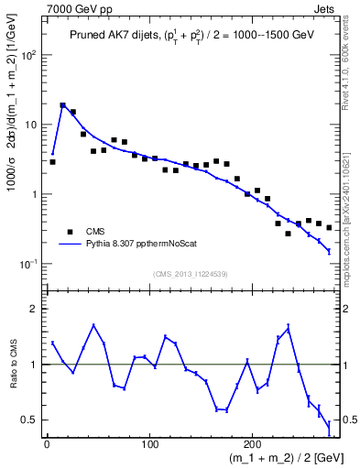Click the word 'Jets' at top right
327,7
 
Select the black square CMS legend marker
70,232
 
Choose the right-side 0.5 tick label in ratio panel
348,420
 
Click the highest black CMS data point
63,105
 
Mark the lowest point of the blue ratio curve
329,425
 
